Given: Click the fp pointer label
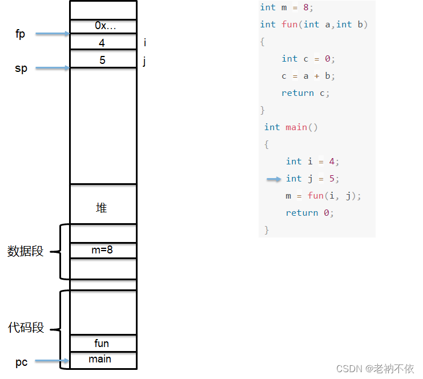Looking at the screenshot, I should (21, 34).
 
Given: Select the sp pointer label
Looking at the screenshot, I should (21, 68).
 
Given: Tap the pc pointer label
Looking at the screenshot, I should (21, 362).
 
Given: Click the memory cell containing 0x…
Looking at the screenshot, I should (103, 26).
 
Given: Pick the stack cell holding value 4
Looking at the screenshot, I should (103, 43).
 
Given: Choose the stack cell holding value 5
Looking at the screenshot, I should (103, 59).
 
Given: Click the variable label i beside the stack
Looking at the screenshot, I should (145, 43).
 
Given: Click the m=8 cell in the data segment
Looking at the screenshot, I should (103, 250).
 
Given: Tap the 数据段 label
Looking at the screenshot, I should (25, 251).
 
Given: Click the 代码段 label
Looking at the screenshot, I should (26, 328).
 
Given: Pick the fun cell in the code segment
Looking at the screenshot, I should (102, 343).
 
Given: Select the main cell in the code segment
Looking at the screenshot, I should (100, 359).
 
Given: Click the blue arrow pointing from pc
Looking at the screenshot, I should (52, 361).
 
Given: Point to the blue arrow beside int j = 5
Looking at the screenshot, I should (274, 179).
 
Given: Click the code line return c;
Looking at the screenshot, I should (305, 93).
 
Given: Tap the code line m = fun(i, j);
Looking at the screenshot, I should (324, 196).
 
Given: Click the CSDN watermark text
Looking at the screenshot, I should (375, 369).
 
